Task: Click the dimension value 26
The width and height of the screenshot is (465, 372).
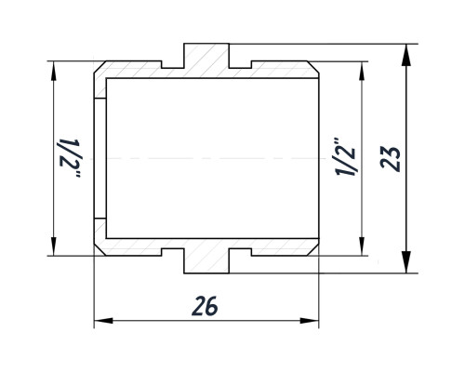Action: (205, 306)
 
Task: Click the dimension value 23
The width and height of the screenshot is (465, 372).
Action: (391, 159)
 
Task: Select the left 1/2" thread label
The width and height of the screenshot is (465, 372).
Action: (70, 158)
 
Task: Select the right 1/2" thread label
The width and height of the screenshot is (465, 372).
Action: (345, 157)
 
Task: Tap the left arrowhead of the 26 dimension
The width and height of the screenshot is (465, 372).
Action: (103, 321)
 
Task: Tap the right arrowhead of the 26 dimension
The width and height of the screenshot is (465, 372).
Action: (310, 321)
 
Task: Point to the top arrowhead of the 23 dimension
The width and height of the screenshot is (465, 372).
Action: (405, 55)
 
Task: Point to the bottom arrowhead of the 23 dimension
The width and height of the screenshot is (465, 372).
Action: (405, 262)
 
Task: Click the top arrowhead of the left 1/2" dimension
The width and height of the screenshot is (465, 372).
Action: (54, 71)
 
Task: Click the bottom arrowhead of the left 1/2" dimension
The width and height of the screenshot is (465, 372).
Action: (54, 246)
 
